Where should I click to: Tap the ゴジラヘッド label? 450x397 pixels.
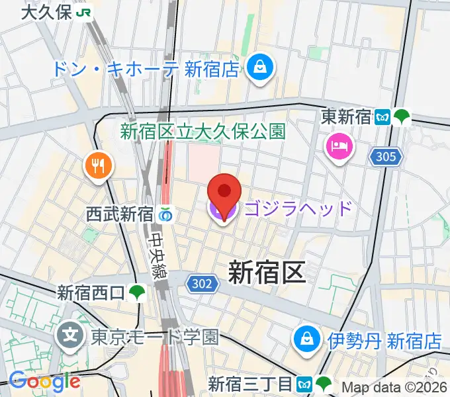[x=298, y=210]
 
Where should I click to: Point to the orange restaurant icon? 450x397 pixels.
[x=99, y=165]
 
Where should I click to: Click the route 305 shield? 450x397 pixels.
[x=387, y=157]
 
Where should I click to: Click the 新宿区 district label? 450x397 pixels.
[x=266, y=272]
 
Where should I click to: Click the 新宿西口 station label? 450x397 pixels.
[x=91, y=291]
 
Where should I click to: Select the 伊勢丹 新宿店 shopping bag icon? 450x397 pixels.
[x=306, y=339]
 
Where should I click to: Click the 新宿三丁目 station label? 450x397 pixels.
[x=249, y=383]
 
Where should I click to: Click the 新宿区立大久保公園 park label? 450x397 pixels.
[x=202, y=131]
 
